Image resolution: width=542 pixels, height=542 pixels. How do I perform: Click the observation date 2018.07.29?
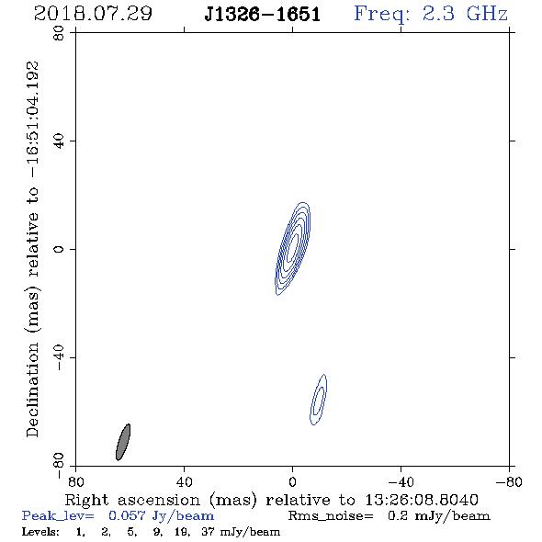(x=93, y=14)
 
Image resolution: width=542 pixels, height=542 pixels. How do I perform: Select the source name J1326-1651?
(x=263, y=15)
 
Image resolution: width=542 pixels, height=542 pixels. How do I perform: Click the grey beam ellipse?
(x=123, y=442)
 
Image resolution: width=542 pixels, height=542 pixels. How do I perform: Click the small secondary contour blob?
(x=319, y=400)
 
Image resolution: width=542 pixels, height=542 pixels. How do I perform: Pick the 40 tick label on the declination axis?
(x=59, y=141)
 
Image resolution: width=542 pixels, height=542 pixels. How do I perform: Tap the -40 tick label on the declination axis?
(x=59, y=357)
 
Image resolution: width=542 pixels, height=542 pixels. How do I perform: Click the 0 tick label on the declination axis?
(x=59, y=249)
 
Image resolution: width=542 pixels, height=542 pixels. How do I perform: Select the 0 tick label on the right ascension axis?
(x=292, y=482)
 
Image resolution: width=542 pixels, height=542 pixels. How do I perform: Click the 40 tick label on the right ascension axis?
(x=185, y=482)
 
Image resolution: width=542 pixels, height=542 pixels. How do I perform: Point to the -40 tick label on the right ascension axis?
(x=401, y=482)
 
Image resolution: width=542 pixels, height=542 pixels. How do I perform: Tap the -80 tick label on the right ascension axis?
(x=509, y=482)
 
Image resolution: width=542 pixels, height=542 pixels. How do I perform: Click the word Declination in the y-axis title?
(x=32, y=390)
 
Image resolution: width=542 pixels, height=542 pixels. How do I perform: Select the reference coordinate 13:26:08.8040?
(x=422, y=500)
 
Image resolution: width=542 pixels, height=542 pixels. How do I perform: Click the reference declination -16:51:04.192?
(x=33, y=119)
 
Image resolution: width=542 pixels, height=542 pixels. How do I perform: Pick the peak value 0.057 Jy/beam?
(x=162, y=516)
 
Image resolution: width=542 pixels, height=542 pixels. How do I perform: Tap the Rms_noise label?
(x=331, y=516)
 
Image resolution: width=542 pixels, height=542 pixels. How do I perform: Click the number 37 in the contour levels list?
(x=209, y=531)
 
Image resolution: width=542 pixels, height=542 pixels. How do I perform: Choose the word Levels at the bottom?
(x=40, y=531)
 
